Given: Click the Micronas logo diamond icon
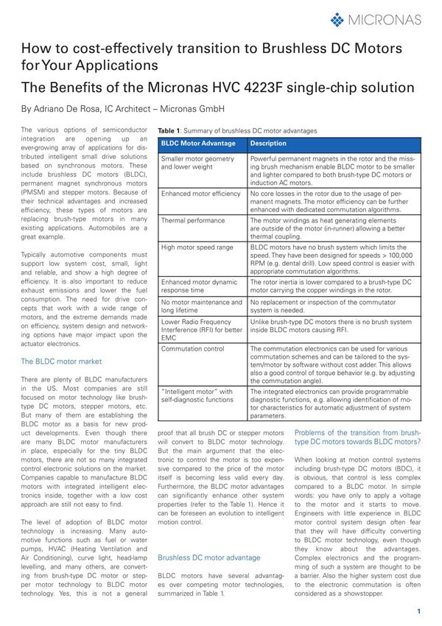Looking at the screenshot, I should click(x=337, y=19).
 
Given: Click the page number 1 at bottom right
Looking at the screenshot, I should click(x=418, y=611).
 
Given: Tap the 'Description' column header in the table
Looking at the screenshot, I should click(x=268, y=143).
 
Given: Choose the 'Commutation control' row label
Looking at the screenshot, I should click(x=192, y=348).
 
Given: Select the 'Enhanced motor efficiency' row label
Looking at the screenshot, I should click(x=200, y=194).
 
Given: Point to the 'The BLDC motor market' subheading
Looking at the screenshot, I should click(x=61, y=362).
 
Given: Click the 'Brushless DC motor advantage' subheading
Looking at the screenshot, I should click(x=208, y=558).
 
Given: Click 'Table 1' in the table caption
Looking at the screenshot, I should click(x=171, y=130).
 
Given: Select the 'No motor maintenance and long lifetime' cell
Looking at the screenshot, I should click(x=201, y=306).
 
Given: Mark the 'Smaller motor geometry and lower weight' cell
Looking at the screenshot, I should click(x=197, y=163).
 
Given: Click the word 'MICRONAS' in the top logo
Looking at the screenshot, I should click(x=387, y=19).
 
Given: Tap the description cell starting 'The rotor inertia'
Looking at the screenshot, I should click(x=329, y=286).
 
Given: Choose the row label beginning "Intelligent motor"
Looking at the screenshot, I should click(x=197, y=395).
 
